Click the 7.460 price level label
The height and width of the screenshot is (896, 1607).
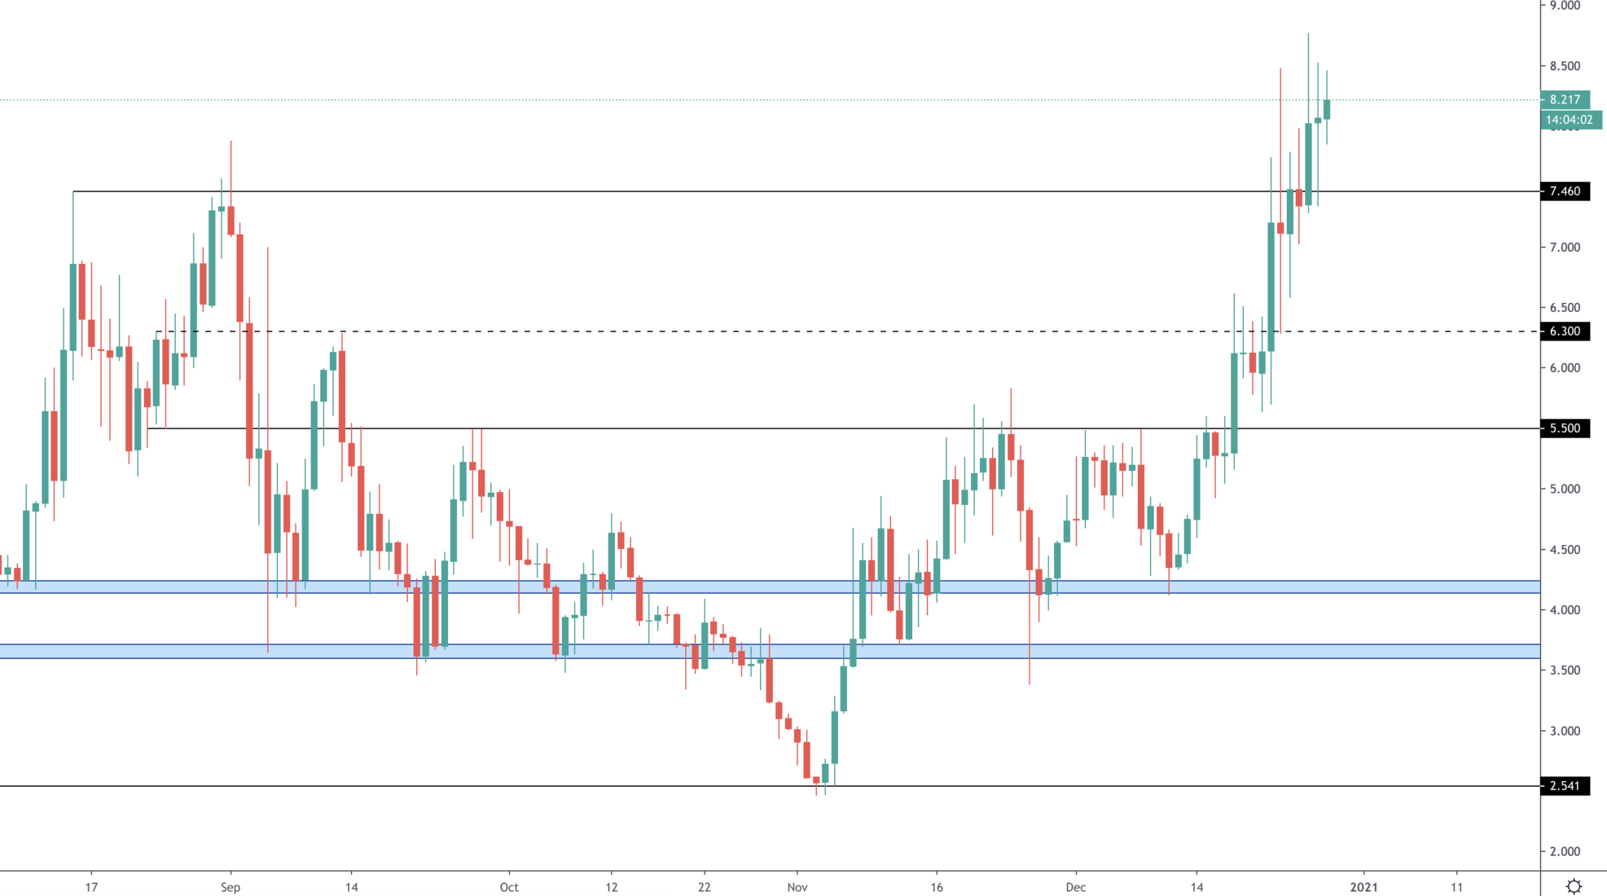point(1565,191)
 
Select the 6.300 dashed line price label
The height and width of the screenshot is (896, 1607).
point(1565,332)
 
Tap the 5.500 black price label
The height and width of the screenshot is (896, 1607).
point(1565,428)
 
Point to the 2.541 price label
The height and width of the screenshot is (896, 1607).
point(1565,786)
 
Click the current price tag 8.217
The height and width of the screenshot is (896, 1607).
point(1565,99)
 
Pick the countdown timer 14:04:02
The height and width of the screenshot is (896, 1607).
point(1570,120)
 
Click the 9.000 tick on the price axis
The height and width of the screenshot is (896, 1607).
point(1565,6)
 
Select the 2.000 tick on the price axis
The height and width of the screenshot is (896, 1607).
point(1565,851)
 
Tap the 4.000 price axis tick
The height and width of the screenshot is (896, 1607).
point(1565,610)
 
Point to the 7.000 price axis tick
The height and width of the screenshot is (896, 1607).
point(1565,247)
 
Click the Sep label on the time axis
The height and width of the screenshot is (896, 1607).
point(231,887)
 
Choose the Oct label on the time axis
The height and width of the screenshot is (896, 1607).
point(509,887)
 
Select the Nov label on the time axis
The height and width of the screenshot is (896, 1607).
point(797,887)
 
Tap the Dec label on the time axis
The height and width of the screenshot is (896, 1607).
point(1076,887)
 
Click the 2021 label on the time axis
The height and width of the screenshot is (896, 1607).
point(1364,887)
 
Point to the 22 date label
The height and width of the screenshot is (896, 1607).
point(705,887)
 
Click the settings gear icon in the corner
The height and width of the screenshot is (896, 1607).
point(1574,886)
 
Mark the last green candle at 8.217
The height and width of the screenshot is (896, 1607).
point(1327,109)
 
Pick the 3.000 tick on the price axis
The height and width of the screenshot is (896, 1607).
point(1565,731)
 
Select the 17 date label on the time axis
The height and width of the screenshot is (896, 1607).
point(91,887)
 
